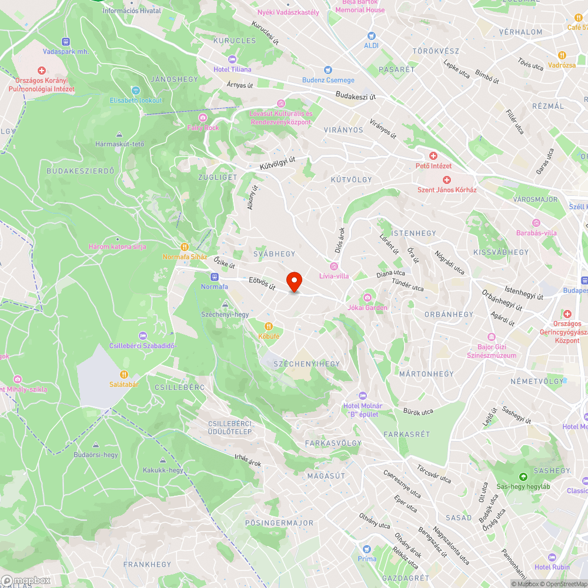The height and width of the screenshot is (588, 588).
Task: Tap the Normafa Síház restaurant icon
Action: pyautogui.click(x=184, y=248)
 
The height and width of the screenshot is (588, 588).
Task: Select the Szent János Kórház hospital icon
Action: pyautogui.click(x=446, y=180)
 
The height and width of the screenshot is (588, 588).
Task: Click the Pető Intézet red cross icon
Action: pyautogui.click(x=433, y=156)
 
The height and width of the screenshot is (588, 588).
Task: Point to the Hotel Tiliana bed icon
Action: pyautogui.click(x=232, y=59)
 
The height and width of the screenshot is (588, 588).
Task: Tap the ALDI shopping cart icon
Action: pyautogui.click(x=371, y=36)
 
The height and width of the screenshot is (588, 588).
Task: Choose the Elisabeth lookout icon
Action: pyautogui.click(x=135, y=91)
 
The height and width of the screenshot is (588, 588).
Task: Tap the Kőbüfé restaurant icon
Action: pyautogui.click(x=269, y=326)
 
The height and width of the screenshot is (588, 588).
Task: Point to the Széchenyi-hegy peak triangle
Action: pyautogui.click(x=225, y=304)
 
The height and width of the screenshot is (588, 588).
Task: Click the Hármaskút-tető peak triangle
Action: pyautogui.click(x=120, y=134)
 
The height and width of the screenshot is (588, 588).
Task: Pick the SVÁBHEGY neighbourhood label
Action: pyautogui.click(x=274, y=253)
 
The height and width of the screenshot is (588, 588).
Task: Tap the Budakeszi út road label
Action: pyautogui.click(x=356, y=96)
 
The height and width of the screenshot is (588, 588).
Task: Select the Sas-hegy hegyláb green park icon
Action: pyautogui.click(x=523, y=476)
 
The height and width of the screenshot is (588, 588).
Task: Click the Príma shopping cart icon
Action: pyautogui.click(x=367, y=548)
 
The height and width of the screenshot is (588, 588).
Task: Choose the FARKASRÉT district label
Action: pyautogui.click(x=406, y=434)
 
